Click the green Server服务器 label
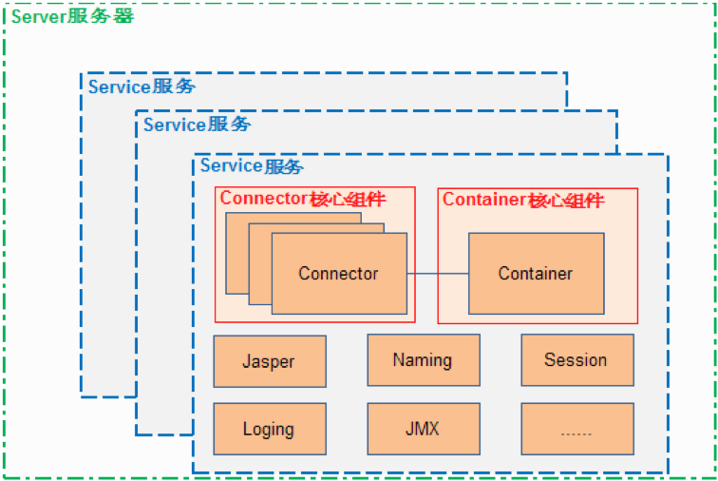point(72,17)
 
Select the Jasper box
point(269,361)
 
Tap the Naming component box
point(423,360)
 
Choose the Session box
point(576,360)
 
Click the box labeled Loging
point(269,429)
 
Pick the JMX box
point(423,429)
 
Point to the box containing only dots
point(576,429)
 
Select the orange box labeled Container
point(536,273)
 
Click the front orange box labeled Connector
point(339,273)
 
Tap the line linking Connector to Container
point(437,274)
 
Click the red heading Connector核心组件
point(303,199)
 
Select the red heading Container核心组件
point(523,200)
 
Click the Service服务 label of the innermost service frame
point(251,166)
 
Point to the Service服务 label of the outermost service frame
point(141,87)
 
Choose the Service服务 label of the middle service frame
point(197,125)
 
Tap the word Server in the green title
point(39,17)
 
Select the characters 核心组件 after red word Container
point(567,200)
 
